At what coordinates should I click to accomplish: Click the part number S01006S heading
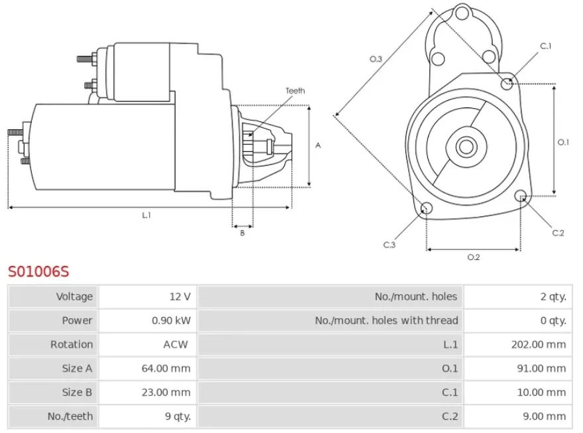(38, 271)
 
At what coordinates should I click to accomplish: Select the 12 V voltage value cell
(180, 296)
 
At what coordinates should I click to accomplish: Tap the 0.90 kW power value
(172, 320)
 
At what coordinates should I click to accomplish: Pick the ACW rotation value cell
(176, 344)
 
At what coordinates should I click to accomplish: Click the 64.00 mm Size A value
(166, 368)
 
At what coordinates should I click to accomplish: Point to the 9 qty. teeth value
(175, 416)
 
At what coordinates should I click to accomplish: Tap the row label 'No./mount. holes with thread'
(386, 320)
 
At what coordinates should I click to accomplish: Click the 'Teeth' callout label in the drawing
(295, 91)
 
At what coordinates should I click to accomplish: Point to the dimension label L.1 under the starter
(146, 215)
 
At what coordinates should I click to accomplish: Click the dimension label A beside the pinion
(318, 145)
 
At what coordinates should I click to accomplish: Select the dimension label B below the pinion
(242, 233)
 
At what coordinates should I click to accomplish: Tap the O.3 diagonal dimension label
(376, 59)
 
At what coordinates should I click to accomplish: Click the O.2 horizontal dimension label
(473, 257)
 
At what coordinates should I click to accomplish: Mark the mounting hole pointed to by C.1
(507, 84)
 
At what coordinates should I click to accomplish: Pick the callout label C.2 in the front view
(558, 233)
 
